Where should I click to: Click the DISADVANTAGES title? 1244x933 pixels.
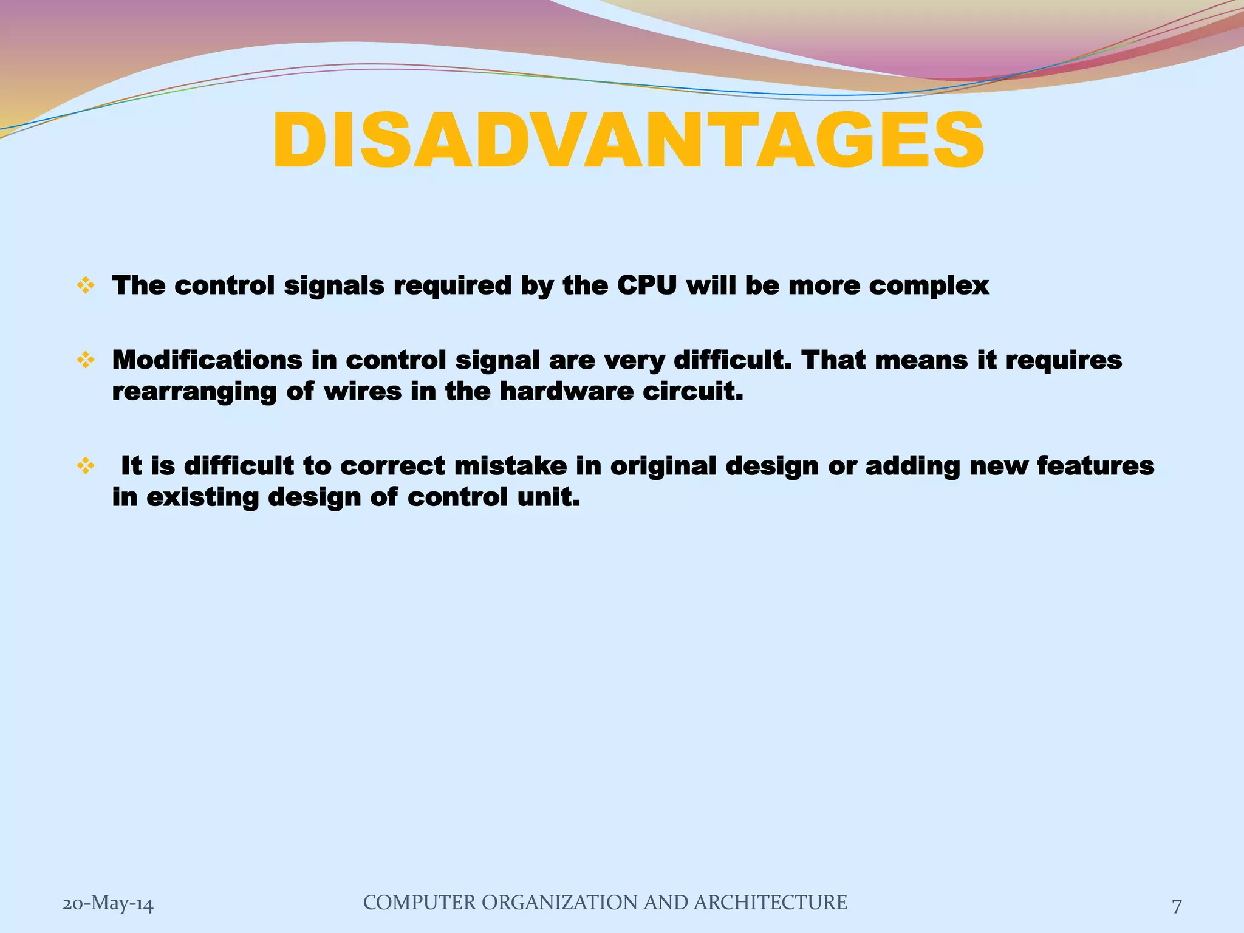tap(628, 141)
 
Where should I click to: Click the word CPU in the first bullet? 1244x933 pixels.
tap(646, 285)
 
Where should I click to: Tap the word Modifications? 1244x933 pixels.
tap(207, 360)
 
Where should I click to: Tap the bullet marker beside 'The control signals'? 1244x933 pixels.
tap(86, 285)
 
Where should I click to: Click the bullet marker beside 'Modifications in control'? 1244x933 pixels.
tap(86, 360)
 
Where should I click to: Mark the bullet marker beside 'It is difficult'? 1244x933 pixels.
tap(86, 466)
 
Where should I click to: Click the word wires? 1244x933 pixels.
tap(362, 391)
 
